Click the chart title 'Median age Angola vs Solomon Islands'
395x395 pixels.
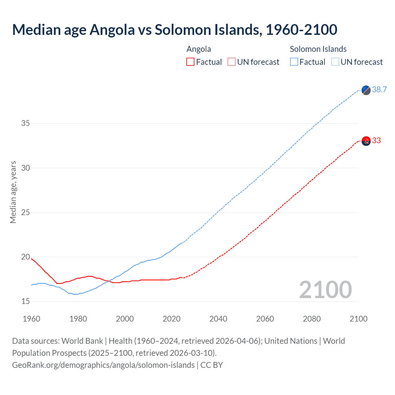point(174,30)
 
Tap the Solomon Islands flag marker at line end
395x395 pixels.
point(366,90)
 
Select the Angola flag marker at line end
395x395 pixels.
point(366,141)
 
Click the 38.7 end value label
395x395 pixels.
point(379,89)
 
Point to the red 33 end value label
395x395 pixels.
point(376,140)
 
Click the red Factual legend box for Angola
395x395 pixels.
point(190,62)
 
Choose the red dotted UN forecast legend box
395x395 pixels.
point(231,62)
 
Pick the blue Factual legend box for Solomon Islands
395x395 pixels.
point(294,62)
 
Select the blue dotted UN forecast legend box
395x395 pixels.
point(335,62)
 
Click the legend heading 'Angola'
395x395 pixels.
point(199,49)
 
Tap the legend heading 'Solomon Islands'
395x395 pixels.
point(318,49)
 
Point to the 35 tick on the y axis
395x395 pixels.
point(26,123)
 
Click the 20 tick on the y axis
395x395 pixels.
point(26,257)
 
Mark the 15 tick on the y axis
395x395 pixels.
point(26,301)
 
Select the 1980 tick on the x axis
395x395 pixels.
point(78,319)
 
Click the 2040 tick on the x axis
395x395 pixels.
point(218,319)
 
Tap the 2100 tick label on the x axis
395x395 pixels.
point(358,319)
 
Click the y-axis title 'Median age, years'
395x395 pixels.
point(13,192)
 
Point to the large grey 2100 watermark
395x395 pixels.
point(325,289)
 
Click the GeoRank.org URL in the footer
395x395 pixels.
point(103,365)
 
